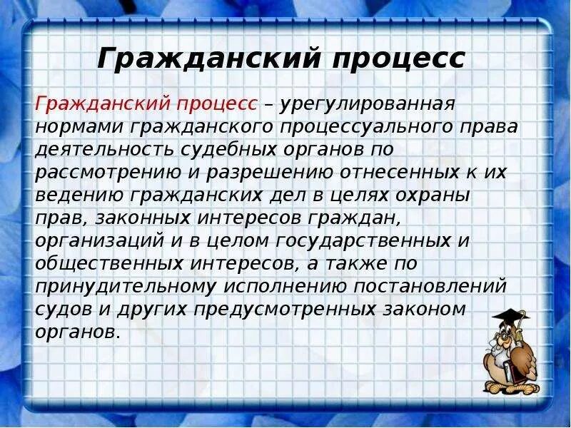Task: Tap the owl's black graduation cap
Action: click(510, 316)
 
